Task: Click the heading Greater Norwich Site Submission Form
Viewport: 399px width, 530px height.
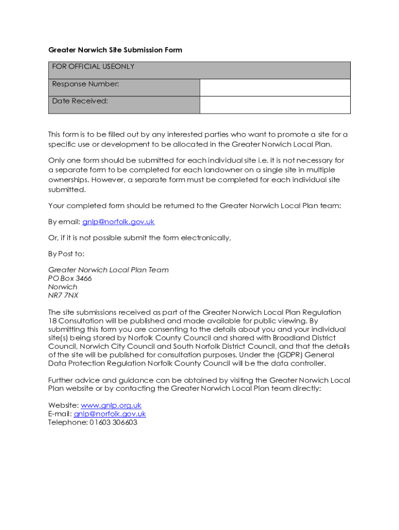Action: pyautogui.click(x=115, y=50)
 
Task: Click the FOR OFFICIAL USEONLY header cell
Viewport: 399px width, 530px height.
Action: pyautogui.click(x=93, y=67)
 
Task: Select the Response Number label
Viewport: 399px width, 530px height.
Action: pyautogui.click(x=85, y=84)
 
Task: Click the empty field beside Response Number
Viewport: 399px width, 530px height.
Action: pyautogui.click(x=275, y=87)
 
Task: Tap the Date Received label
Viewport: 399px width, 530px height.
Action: pyautogui.click(x=80, y=101)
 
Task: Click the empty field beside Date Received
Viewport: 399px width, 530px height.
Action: pyautogui.click(x=275, y=105)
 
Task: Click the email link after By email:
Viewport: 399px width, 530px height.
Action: pyautogui.click(x=118, y=222)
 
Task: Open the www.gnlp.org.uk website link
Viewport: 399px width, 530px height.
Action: pyautogui.click(x=111, y=405)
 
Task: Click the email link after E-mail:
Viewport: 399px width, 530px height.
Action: pyautogui.click(x=110, y=414)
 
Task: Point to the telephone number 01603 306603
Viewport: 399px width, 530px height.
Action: pyautogui.click(x=113, y=422)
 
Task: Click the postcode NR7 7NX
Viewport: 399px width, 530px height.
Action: pyautogui.click(x=63, y=296)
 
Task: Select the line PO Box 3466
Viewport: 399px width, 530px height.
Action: pyautogui.click(x=70, y=278)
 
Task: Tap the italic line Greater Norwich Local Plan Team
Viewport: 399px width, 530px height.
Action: pyautogui.click(x=108, y=270)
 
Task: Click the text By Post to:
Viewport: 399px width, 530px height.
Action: pyautogui.click(x=66, y=254)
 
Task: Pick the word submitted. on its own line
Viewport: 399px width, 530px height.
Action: pyautogui.click(x=66, y=190)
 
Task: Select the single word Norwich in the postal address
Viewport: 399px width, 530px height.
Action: pyautogui.click(x=63, y=287)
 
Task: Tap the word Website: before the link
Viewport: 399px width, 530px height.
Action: pyautogui.click(x=63, y=405)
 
